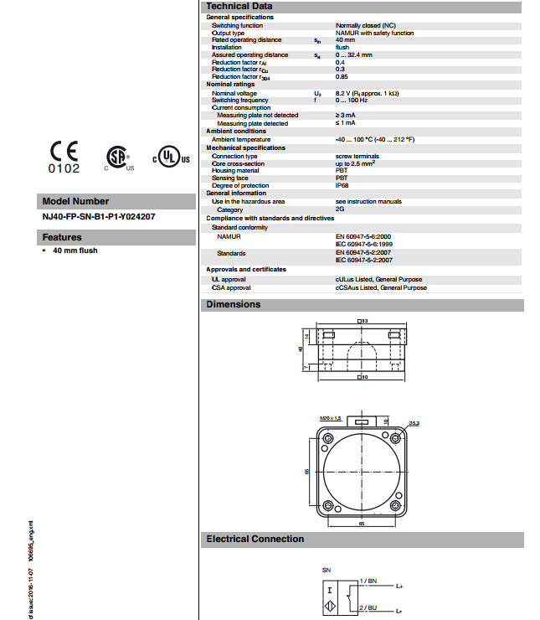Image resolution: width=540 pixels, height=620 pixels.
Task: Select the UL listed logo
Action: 171,158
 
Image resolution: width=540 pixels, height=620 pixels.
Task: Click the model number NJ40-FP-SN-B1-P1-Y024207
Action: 99,216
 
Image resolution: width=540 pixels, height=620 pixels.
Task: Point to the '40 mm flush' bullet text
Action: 75,251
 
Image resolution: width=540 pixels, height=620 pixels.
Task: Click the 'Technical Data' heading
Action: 239,6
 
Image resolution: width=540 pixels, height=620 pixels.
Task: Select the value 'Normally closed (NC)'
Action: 363,26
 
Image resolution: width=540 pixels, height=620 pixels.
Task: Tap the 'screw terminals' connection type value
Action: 357,156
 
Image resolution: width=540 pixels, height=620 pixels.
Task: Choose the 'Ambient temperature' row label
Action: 241,140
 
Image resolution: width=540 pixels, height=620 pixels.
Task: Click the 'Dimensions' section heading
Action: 234,304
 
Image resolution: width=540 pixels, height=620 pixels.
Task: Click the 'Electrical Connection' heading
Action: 255,539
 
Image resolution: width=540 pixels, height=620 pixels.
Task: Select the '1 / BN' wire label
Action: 369,580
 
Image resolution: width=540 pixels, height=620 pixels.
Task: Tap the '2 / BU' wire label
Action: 369,606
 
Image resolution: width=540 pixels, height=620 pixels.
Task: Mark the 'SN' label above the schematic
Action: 327,570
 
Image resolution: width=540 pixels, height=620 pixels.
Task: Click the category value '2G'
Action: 340,209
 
